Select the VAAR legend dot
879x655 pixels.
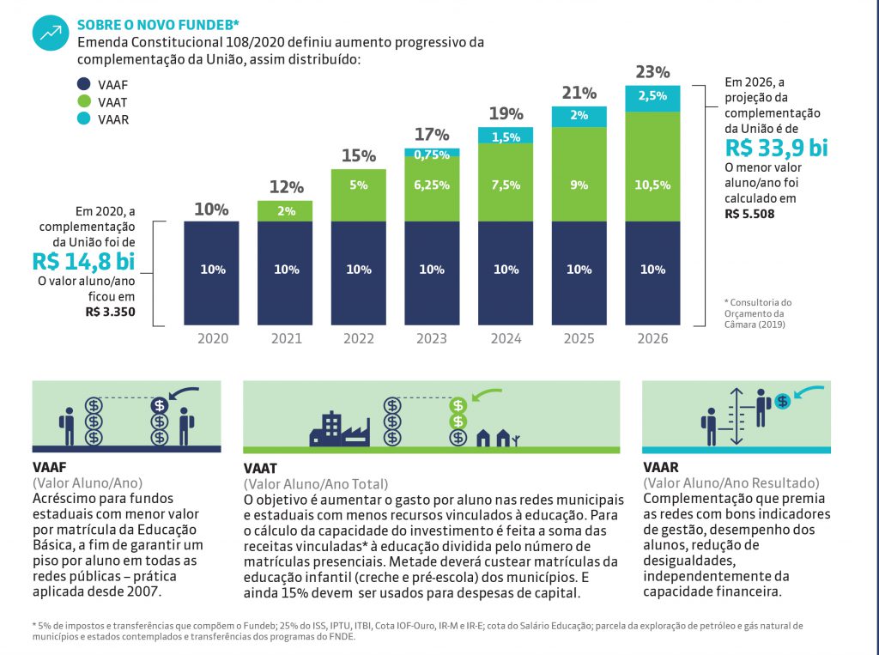click(84, 119)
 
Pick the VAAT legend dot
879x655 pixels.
click(84, 102)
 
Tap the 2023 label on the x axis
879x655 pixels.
click(433, 338)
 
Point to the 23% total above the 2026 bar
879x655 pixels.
click(653, 72)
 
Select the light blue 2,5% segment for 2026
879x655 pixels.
click(653, 97)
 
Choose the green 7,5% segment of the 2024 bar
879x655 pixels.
click(506, 182)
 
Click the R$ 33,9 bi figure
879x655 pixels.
click(776, 148)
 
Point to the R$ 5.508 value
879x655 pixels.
click(749, 214)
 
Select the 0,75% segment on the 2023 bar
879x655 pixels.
click(433, 154)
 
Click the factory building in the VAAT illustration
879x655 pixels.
click(339, 428)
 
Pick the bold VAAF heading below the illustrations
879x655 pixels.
click(49, 468)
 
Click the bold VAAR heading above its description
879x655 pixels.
click(661, 468)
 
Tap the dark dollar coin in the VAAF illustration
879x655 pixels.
click(160, 405)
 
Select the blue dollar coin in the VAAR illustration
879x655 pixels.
click(781, 400)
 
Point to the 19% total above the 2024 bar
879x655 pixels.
click(506, 113)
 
